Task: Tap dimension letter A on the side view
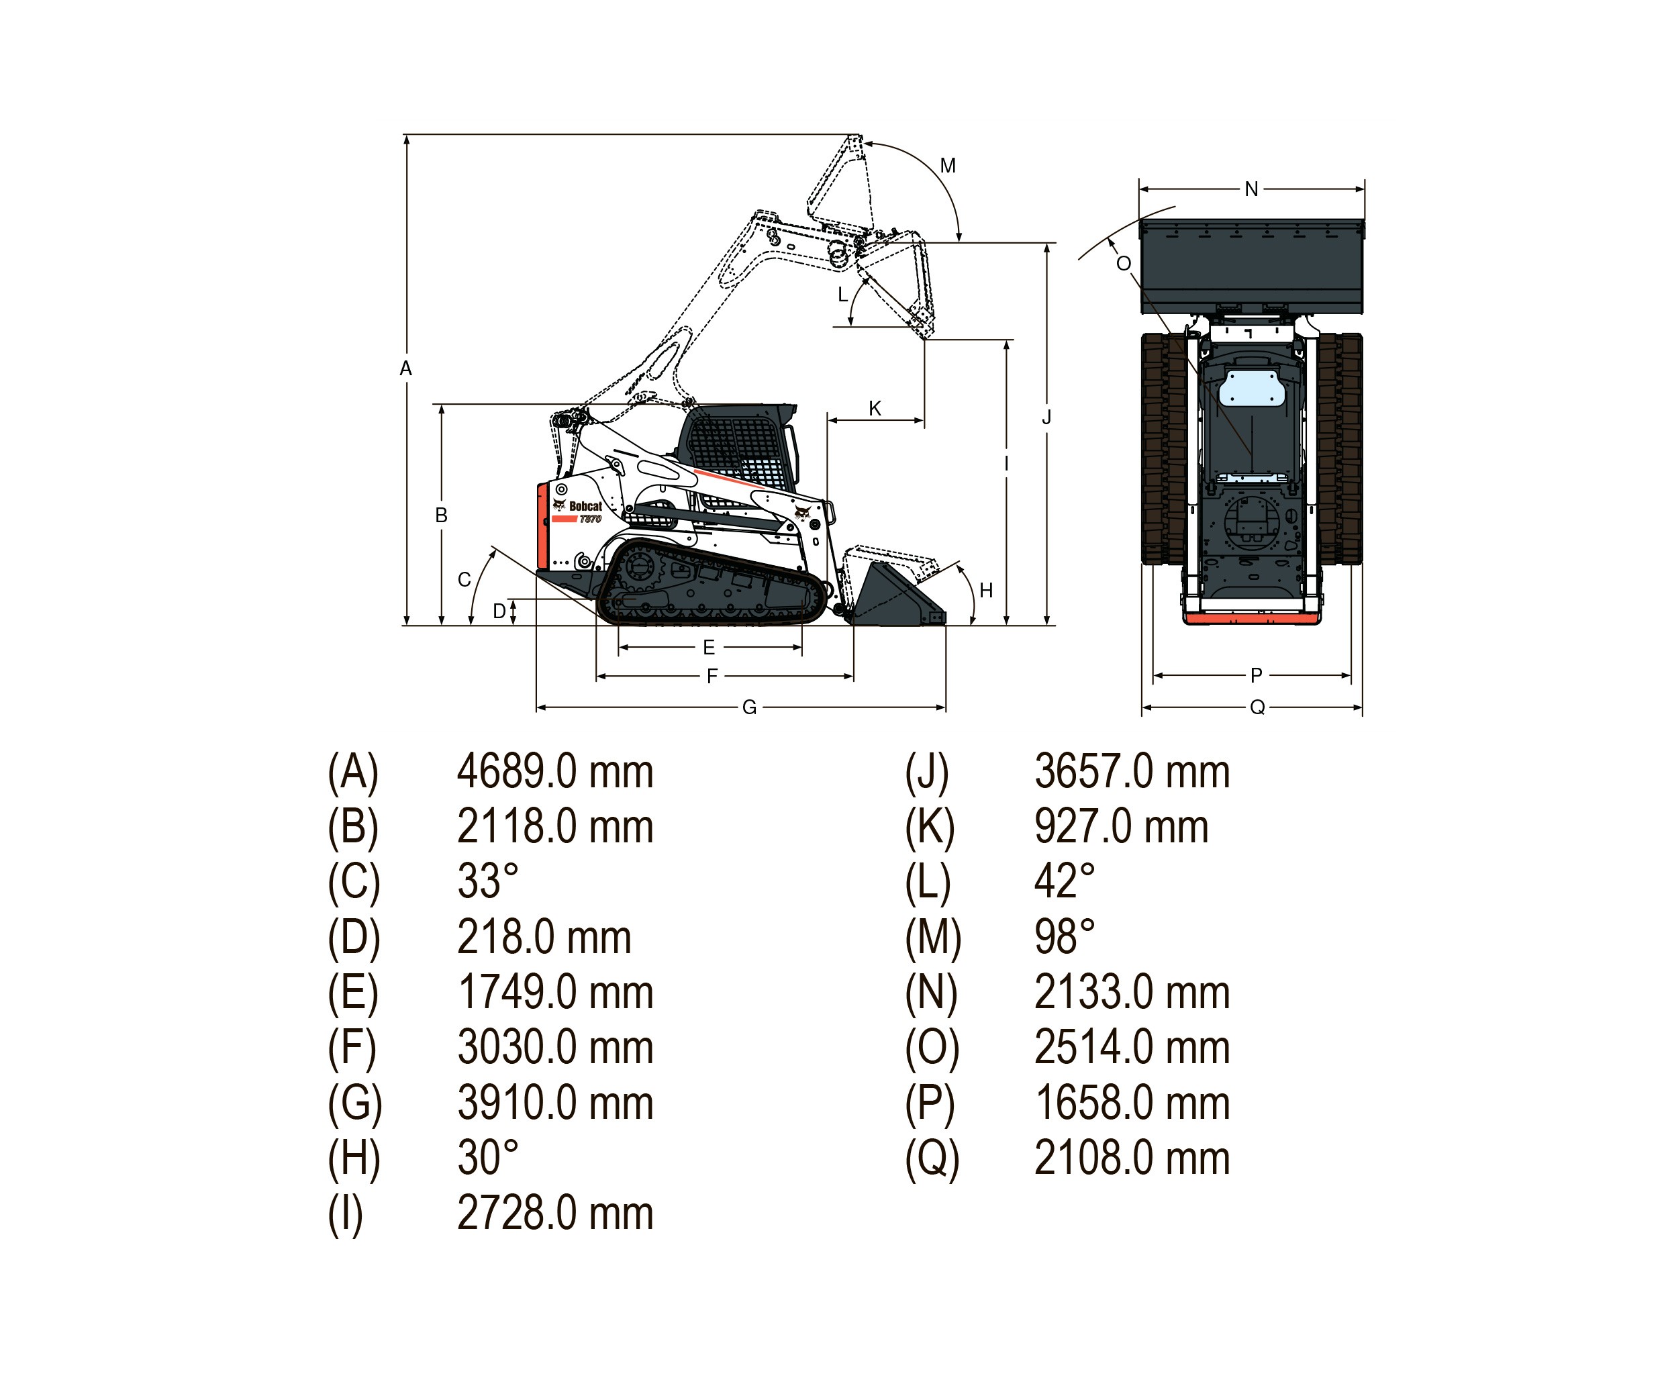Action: [x=405, y=368]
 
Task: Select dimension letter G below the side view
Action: [x=749, y=707]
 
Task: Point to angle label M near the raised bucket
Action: [x=948, y=166]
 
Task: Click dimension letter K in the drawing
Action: [x=875, y=409]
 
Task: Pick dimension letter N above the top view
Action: [x=1251, y=189]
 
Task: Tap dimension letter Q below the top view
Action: [x=1257, y=707]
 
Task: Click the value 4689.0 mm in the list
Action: [x=554, y=772]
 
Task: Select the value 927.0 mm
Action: [x=1120, y=828]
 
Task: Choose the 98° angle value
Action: [x=1064, y=938]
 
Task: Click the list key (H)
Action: [x=353, y=1158]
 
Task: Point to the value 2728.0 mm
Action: [x=554, y=1214]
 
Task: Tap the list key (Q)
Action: [x=932, y=1158]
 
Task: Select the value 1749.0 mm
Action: [x=554, y=993]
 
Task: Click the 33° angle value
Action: [x=487, y=882]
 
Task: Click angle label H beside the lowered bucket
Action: [x=986, y=591]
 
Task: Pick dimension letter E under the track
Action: [x=709, y=648]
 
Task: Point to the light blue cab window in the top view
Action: [x=1251, y=389]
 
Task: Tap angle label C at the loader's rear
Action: [x=464, y=580]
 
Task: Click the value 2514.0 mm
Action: [x=1132, y=1048]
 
